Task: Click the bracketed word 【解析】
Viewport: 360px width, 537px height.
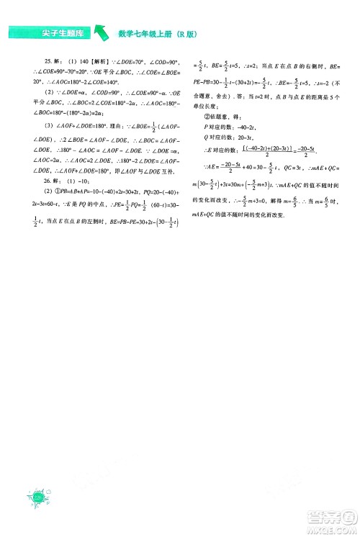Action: point(100,62)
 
